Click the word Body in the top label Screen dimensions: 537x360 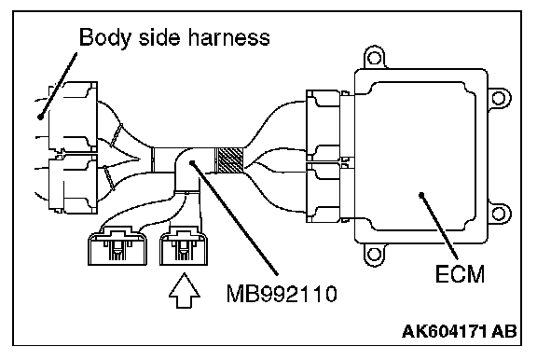coord(105,37)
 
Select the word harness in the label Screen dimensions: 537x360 coord(228,37)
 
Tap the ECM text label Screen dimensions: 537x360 coord(460,273)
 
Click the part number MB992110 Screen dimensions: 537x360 coord(282,294)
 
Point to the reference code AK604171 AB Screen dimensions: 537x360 coord(459,331)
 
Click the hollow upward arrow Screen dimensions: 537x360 coord(185,290)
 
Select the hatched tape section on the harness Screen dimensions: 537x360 coord(228,160)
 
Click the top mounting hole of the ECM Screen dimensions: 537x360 coord(374,57)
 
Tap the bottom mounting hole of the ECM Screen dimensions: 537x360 coord(374,255)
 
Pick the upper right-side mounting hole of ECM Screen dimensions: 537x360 coord(498,99)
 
